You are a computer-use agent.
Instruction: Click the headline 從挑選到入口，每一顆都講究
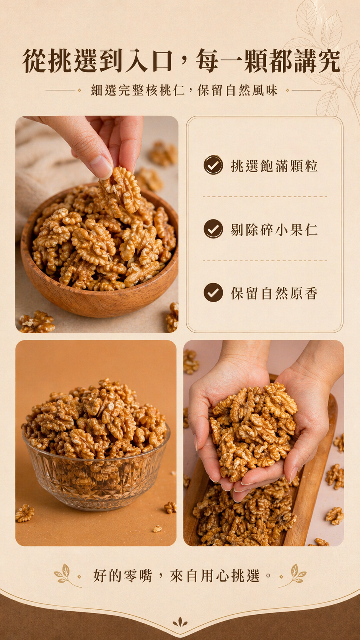(181, 61)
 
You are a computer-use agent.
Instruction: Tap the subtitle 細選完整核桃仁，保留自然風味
(184, 90)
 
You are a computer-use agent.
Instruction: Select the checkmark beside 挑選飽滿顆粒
(213, 165)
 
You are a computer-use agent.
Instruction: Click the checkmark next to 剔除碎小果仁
(213, 229)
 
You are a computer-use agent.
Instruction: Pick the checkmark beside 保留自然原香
(213, 292)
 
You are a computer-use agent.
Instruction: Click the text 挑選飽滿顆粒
(274, 166)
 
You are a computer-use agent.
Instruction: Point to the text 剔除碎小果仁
(274, 230)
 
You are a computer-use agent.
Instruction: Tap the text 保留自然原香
(274, 294)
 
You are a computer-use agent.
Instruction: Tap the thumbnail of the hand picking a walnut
(97, 224)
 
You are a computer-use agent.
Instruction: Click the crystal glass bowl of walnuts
(96, 469)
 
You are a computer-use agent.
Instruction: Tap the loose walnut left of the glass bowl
(25, 513)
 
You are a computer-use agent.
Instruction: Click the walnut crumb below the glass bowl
(157, 529)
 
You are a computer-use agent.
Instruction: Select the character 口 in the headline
(163, 61)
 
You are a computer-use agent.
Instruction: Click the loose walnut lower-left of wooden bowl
(37, 322)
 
